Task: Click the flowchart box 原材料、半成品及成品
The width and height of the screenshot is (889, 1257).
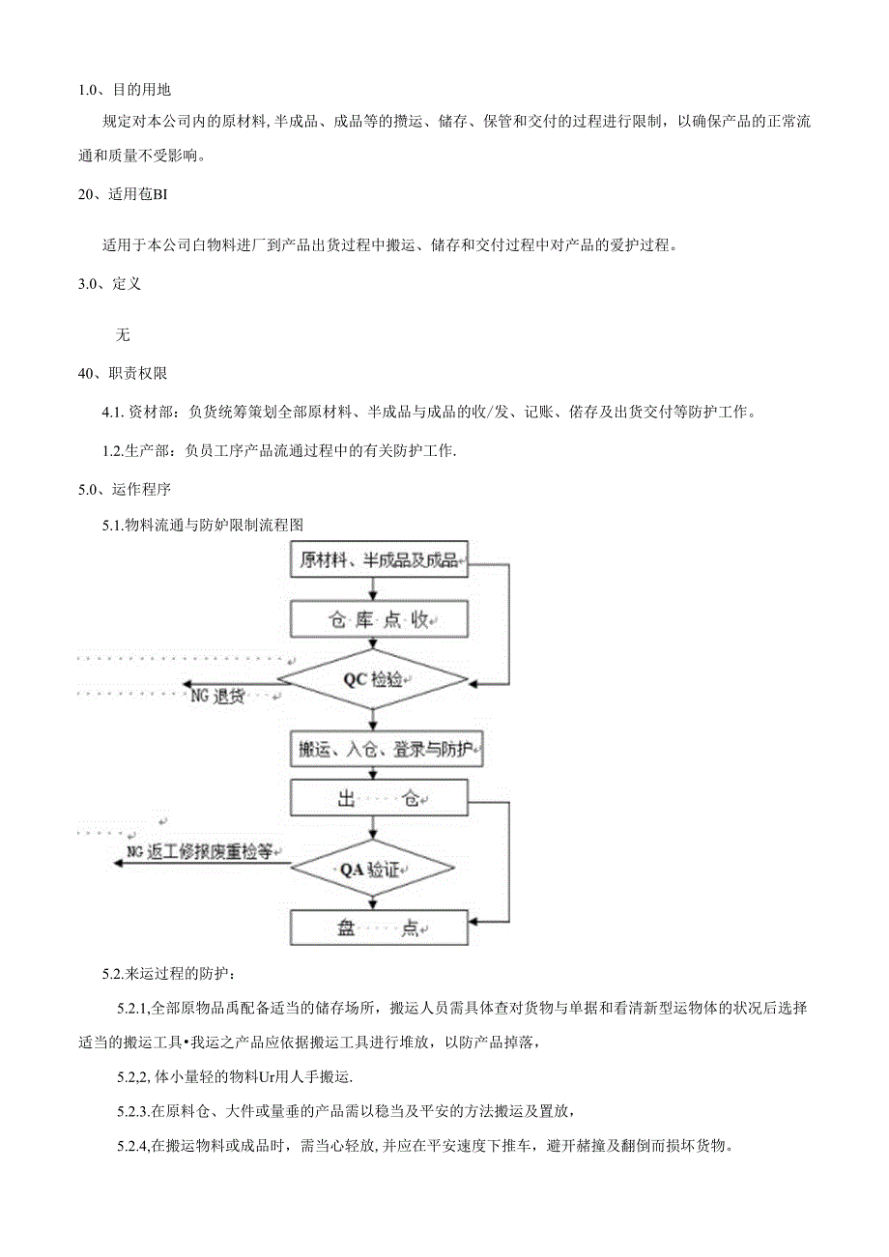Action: click(x=379, y=560)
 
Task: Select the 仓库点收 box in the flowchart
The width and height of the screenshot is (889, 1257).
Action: click(x=379, y=619)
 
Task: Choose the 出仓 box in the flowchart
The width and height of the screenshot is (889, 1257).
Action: click(x=379, y=797)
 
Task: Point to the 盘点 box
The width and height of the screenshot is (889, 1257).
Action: click(x=379, y=928)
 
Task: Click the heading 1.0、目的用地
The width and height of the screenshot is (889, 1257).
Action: click(x=125, y=90)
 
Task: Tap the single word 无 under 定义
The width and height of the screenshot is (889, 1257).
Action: click(x=122, y=334)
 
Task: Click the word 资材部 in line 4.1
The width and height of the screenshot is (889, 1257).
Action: click(x=148, y=413)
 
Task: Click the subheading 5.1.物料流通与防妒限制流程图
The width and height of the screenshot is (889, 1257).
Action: click(x=203, y=526)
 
